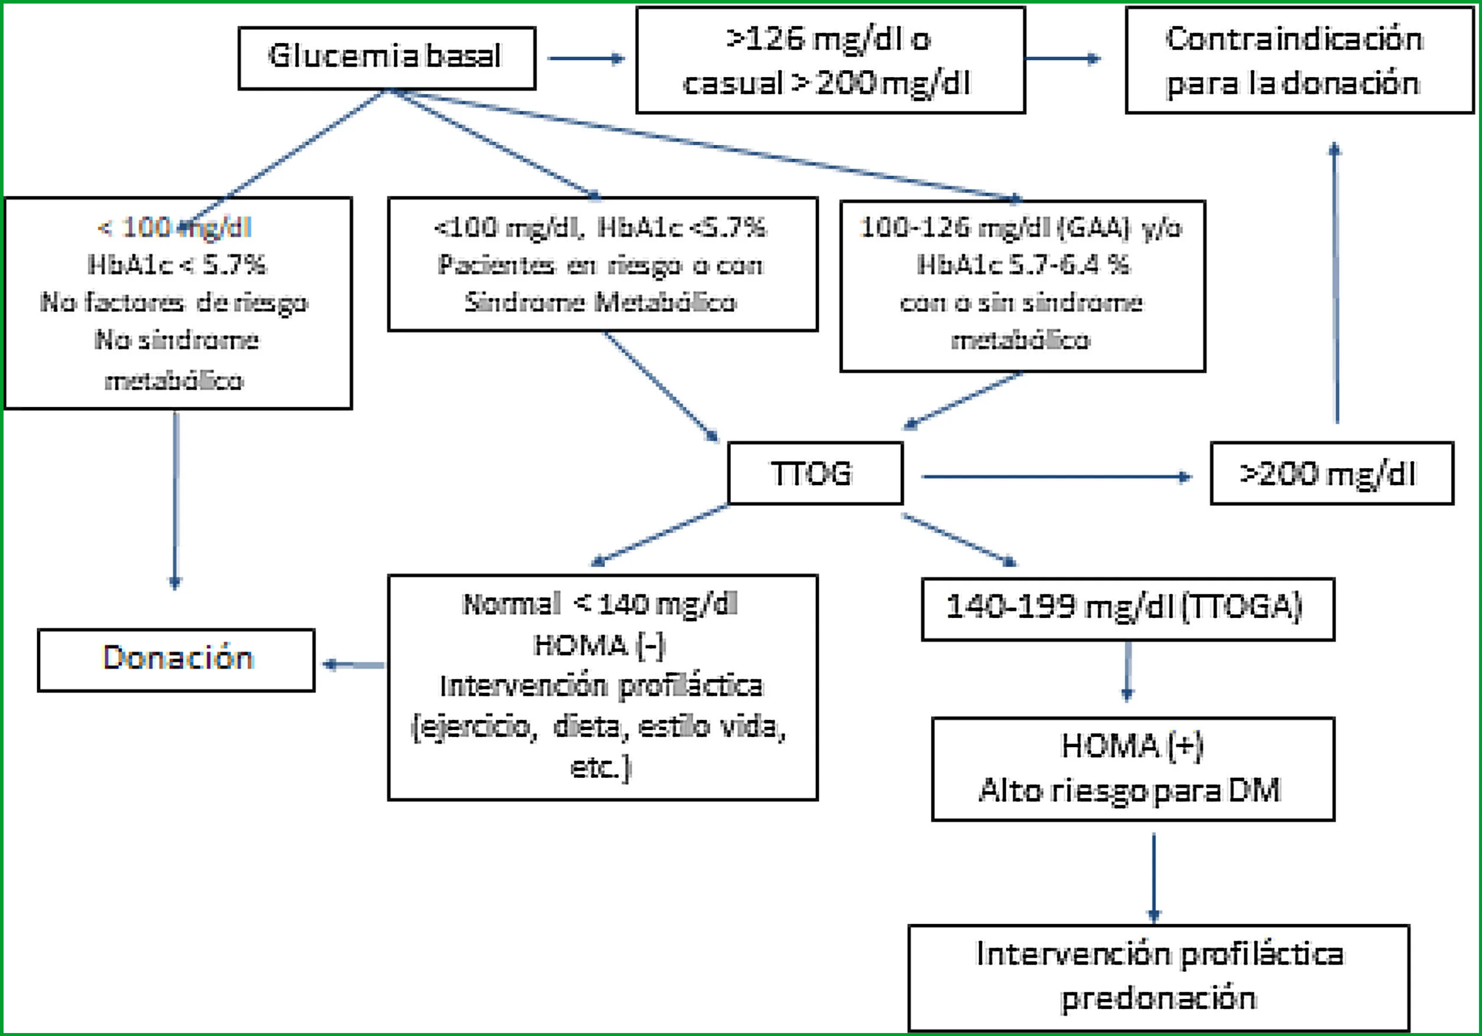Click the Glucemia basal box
tap(387, 58)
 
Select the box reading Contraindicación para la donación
tap(1299, 60)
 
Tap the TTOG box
tap(815, 473)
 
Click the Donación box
tap(176, 660)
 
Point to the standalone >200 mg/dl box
tap(1332, 473)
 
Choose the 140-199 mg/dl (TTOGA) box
tap(1128, 609)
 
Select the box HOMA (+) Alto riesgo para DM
tap(1133, 769)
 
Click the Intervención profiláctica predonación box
tap(1158, 977)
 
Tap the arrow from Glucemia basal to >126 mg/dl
tap(586, 59)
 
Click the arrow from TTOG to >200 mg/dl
tap(1056, 477)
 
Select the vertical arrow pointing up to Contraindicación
tap(1335, 282)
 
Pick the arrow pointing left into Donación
tap(353, 664)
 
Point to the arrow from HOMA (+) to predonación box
tap(1154, 878)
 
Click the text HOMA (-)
tap(600, 645)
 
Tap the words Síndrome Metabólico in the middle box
tap(601, 302)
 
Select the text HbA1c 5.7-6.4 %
tap(1023, 265)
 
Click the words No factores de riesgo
tap(174, 302)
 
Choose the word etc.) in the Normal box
tap(600, 768)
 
